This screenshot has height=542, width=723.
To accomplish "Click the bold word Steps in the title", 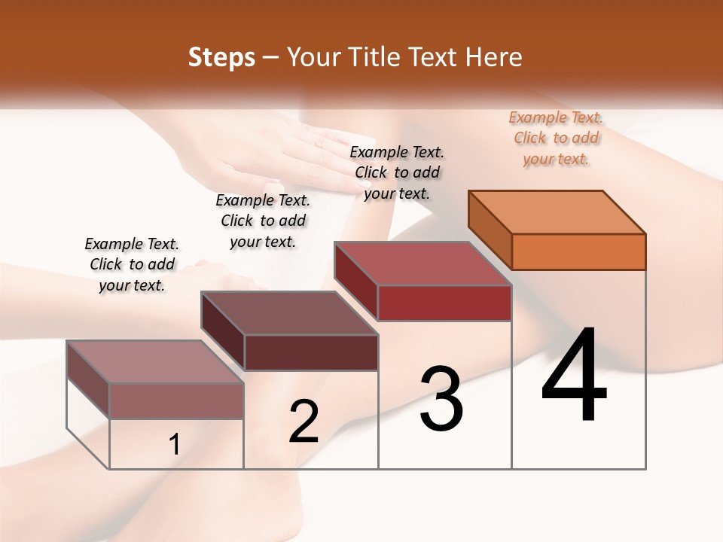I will click(x=221, y=57).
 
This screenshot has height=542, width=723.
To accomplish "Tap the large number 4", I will click(x=575, y=376).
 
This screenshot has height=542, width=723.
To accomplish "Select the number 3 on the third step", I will click(x=441, y=399).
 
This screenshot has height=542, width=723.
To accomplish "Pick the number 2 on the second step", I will click(x=304, y=422).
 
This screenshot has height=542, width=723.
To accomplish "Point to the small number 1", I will click(x=174, y=445).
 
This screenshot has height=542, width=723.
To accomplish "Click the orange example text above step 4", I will click(x=556, y=138).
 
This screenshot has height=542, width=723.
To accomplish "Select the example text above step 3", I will click(x=397, y=172).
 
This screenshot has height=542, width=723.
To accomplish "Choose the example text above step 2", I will click(x=263, y=221).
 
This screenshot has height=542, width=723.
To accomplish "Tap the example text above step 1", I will click(x=132, y=264).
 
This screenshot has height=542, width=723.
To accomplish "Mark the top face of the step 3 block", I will click(x=423, y=263).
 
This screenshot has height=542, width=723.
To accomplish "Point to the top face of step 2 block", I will click(x=289, y=313).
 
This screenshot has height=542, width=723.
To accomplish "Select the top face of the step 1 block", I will click(x=155, y=362).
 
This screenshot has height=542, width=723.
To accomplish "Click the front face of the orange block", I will click(x=578, y=251).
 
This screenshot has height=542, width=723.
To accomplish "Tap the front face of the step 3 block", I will click(x=444, y=303).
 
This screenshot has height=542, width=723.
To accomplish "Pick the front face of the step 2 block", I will click(x=311, y=352).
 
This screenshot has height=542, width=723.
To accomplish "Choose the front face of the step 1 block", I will click(x=176, y=400).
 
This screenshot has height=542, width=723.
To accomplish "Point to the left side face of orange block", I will click(x=490, y=230).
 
